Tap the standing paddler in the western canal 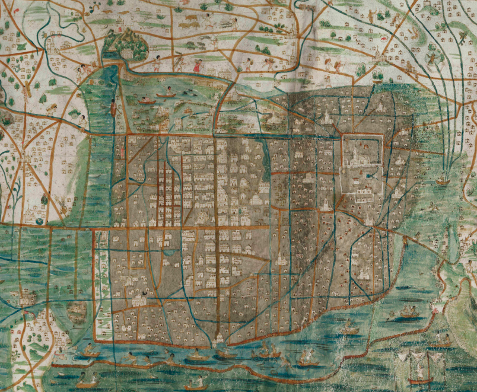[x=113, y=107]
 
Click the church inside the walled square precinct [x=355, y=157]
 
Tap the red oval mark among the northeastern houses [x=384, y=39]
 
